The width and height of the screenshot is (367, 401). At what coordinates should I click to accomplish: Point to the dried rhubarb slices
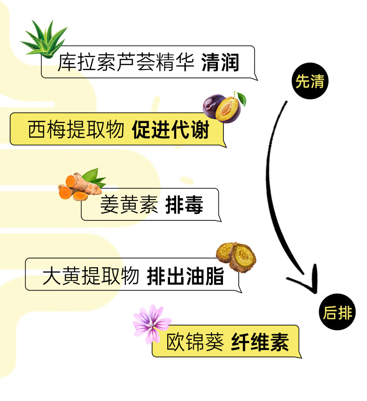236,256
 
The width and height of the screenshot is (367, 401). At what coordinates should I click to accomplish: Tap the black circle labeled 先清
310,82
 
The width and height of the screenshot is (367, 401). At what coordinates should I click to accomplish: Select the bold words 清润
220,63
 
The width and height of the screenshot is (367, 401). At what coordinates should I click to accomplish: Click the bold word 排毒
184,205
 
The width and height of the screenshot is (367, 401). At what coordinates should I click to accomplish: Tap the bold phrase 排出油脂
185,277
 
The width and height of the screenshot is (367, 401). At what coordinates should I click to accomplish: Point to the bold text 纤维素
260,343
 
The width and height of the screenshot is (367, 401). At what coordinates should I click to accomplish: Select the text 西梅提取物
76,130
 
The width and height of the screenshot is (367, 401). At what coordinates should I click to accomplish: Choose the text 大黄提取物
91,277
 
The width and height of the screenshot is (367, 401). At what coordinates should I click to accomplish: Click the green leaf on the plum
241,98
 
